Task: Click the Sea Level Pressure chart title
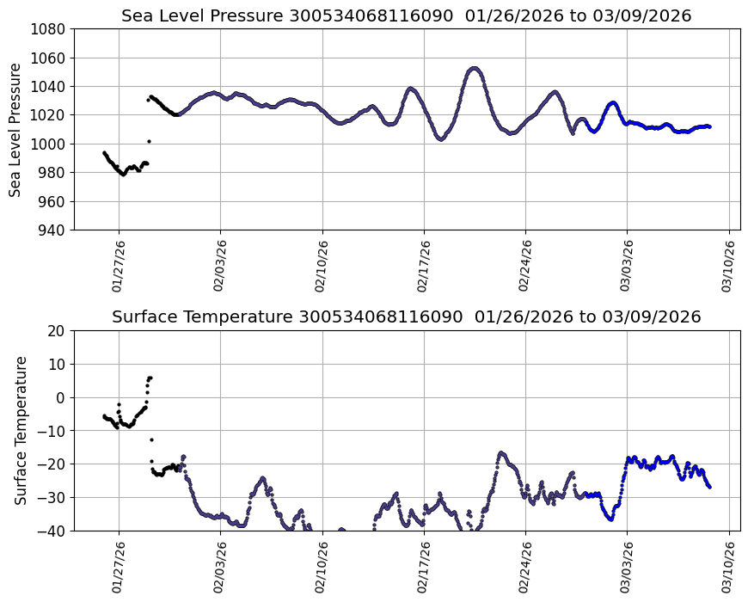pos(406,15)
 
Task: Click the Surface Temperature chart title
pos(406,316)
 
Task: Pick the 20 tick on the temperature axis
pos(57,331)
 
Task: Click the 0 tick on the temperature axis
pos(61,397)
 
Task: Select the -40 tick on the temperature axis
pos(53,531)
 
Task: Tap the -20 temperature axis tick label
pos(53,464)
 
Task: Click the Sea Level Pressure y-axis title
pos(15,129)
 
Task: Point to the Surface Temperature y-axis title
pos(21,430)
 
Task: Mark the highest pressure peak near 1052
pos(475,68)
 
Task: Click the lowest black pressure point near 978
pos(123,175)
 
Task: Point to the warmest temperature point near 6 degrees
pos(150,378)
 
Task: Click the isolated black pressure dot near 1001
pos(149,141)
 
